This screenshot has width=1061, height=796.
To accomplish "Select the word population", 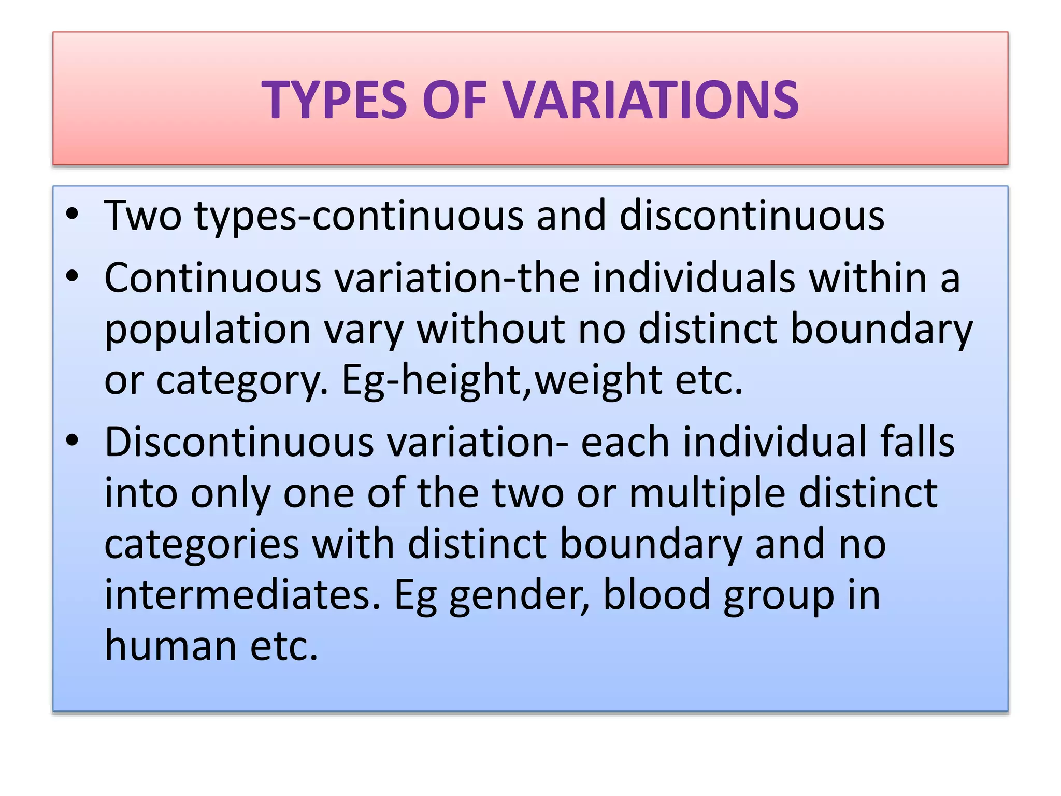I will coord(207,330).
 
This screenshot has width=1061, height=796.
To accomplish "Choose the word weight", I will coord(598,380).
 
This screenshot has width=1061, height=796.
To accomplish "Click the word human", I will coord(170,645).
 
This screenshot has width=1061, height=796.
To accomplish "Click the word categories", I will coord(202,544).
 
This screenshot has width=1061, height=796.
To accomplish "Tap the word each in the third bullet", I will coord(625,442).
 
